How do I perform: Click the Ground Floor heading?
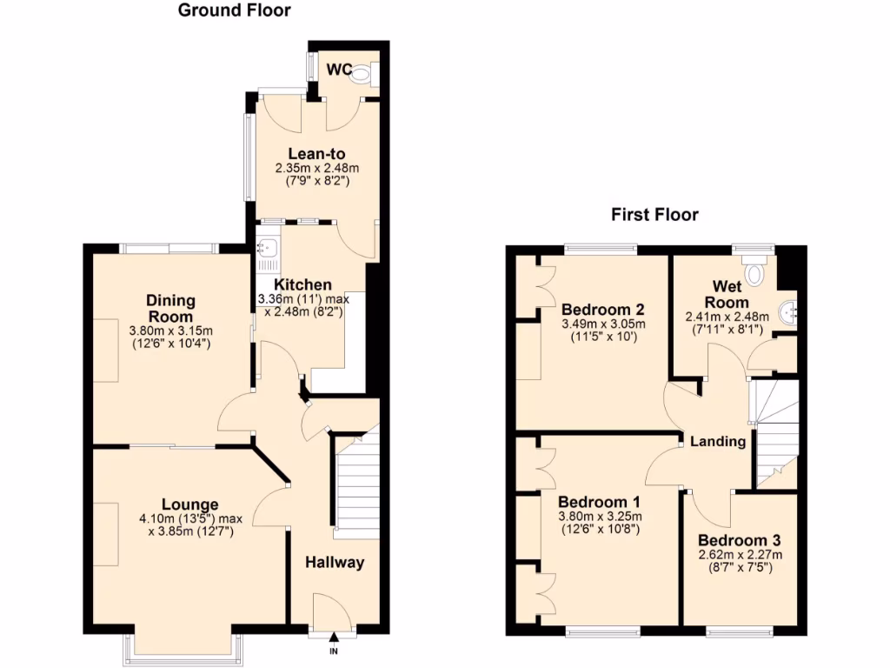click(234, 11)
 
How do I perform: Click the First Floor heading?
click(654, 215)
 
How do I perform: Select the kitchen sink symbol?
click(266, 250)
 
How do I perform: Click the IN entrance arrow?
click(334, 639)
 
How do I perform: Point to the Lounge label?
click(189, 504)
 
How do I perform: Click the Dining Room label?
click(169, 308)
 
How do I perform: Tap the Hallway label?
click(335, 563)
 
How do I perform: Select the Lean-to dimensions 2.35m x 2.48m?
click(317, 169)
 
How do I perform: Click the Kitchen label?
click(302, 284)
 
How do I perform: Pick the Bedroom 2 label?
click(602, 310)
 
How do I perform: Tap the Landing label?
click(718, 441)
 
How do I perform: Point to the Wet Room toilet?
click(753, 274)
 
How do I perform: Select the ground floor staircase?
click(357, 483)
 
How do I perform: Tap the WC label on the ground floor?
click(338, 68)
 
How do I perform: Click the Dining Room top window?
click(169, 249)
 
